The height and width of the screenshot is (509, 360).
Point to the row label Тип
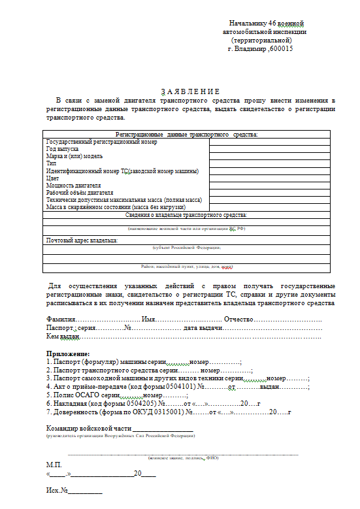(51, 163)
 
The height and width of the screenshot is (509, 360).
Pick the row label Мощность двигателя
(73, 186)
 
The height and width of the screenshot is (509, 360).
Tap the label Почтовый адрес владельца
(82, 240)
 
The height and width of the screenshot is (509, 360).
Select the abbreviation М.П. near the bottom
(53, 464)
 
